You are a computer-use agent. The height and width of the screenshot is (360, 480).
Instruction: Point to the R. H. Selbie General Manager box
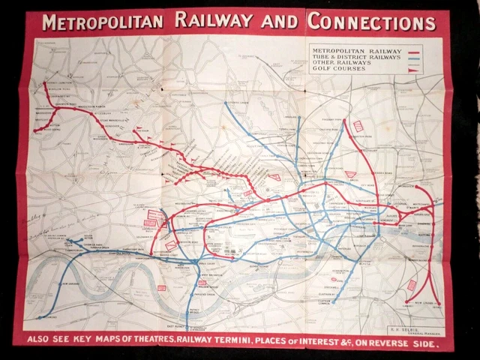coord(412,328)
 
